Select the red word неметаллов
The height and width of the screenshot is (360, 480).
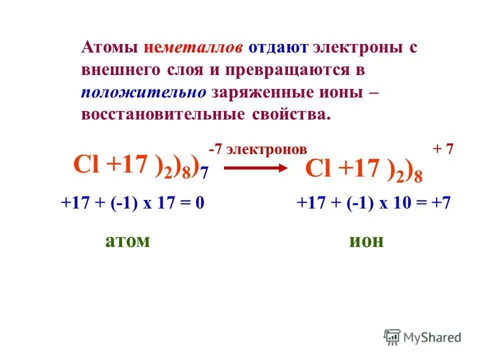click(194, 48)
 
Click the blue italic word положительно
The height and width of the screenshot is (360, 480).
click(144, 92)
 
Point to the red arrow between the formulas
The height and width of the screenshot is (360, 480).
click(252, 168)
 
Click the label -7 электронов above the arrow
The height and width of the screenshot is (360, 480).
click(257, 149)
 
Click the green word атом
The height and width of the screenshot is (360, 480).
click(127, 240)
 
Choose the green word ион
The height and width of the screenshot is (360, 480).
click(366, 240)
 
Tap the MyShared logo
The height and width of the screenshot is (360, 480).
click(422, 337)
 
